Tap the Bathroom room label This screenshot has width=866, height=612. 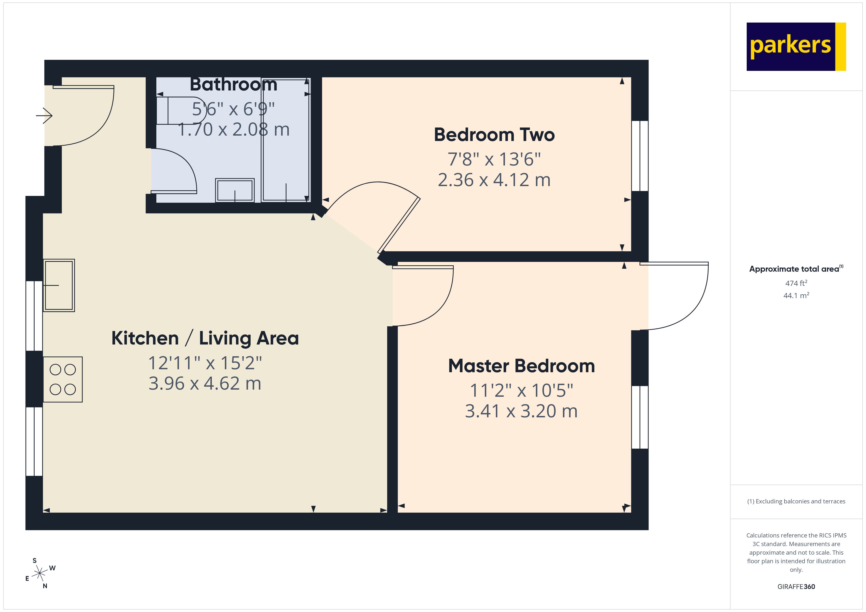233,84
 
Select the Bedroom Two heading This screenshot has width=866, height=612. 494,135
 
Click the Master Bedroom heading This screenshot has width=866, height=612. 521,366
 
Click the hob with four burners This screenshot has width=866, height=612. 63,379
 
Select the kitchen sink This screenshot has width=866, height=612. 59,285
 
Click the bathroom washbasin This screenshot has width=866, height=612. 235,190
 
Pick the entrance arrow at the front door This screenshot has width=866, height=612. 44,115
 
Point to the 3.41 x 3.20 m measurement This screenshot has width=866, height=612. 521,411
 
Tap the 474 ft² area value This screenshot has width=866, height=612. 796,283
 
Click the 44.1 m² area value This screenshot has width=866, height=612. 796,295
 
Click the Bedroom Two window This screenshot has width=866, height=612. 640,156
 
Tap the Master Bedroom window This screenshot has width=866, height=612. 640,417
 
